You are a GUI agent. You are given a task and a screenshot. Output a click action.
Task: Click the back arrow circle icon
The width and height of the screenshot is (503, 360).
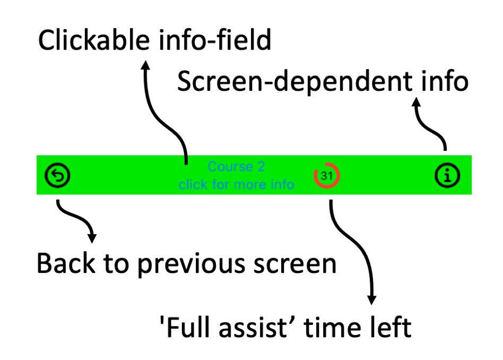pos(57,175)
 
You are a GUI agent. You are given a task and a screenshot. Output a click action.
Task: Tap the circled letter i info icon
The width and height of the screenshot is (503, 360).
pos(447,175)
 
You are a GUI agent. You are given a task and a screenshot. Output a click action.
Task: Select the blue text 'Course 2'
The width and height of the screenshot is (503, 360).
pos(237,167)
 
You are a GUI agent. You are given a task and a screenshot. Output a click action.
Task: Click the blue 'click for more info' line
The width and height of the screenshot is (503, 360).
pos(237,185)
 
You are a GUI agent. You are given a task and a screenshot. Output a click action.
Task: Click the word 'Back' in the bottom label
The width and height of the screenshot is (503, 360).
pos(66,263)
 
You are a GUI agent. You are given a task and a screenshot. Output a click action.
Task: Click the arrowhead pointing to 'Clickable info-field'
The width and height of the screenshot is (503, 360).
pos(145,65)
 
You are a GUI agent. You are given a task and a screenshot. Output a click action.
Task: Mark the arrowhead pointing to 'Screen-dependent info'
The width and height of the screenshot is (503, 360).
pos(416,102)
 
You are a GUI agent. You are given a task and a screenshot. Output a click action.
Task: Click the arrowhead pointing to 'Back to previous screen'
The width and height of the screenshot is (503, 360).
pos(92,238)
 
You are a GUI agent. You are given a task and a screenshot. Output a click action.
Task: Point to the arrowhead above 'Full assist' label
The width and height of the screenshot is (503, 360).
pos(371,300)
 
